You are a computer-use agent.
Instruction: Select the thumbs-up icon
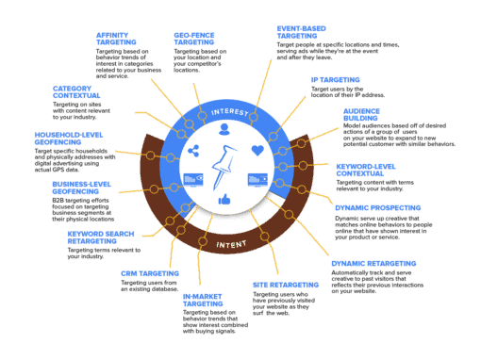click(224, 200)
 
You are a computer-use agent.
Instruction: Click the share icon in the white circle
click(192, 151)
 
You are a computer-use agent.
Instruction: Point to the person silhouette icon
click(224, 129)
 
